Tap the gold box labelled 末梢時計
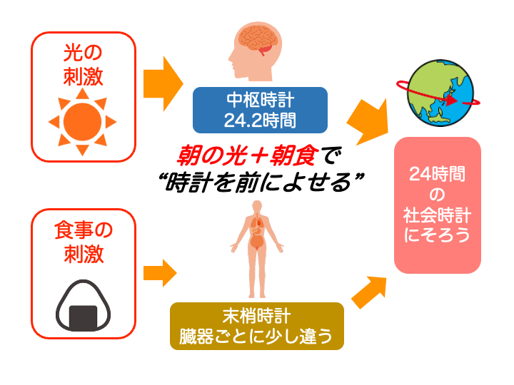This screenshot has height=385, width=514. (x=256, y=326)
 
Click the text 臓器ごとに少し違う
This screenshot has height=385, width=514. (x=256, y=336)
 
